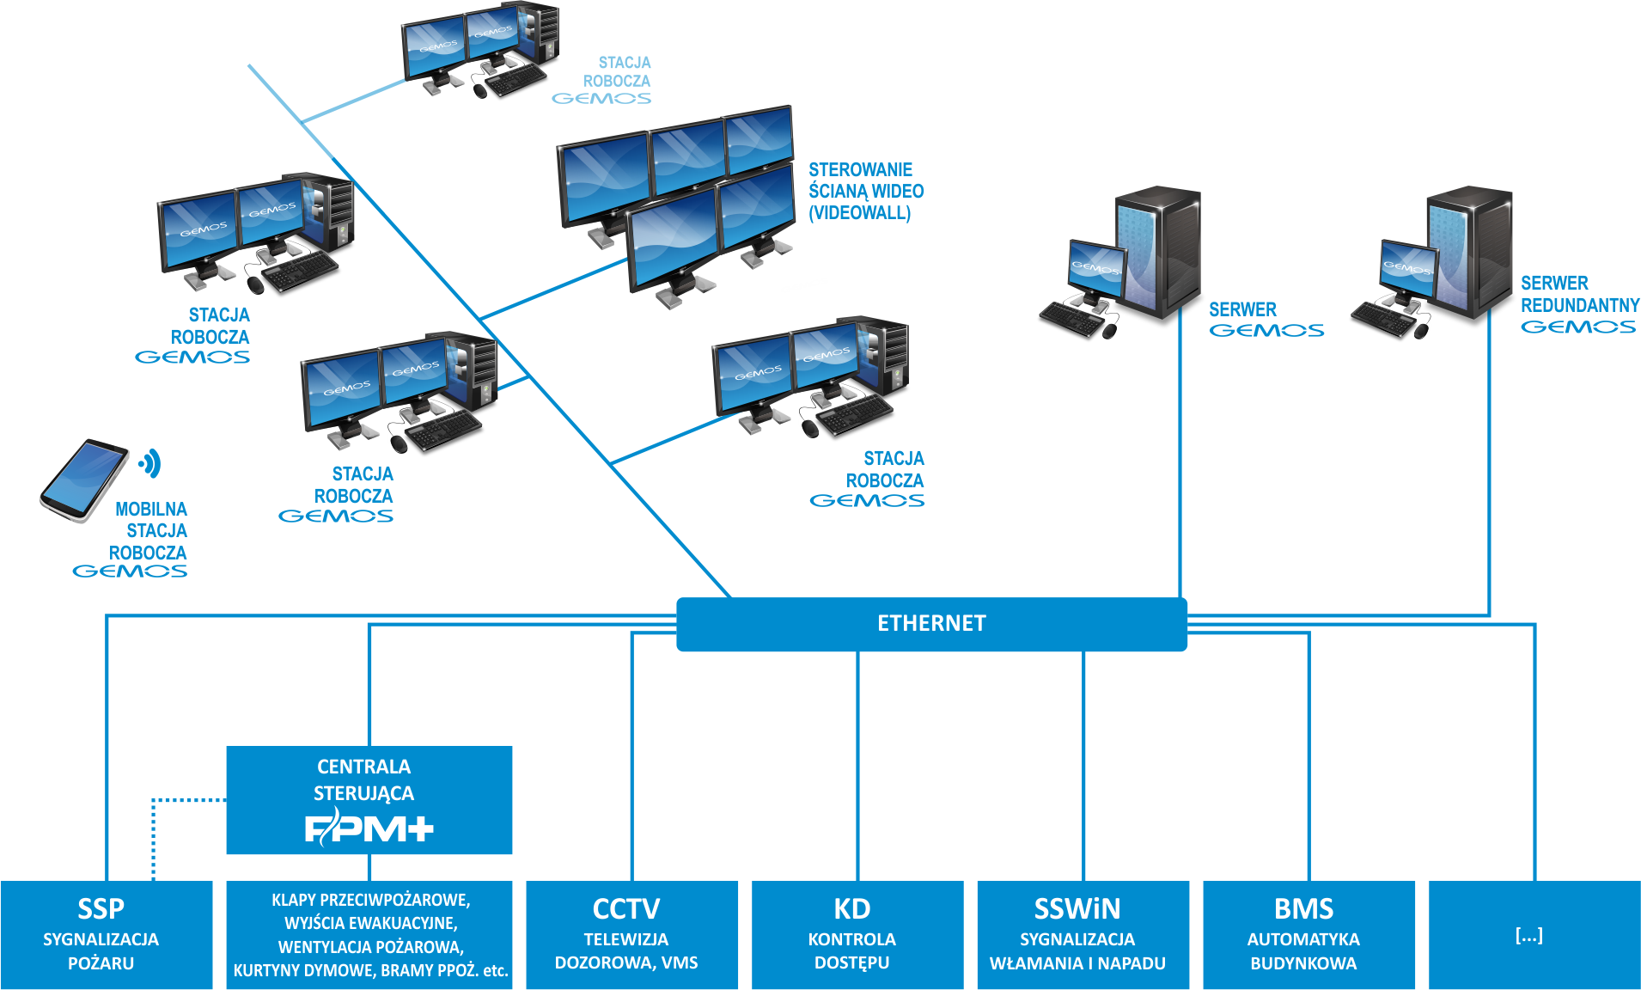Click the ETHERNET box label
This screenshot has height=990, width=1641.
[931, 623]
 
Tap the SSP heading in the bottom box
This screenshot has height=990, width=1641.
[101, 908]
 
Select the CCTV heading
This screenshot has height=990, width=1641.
[626, 908]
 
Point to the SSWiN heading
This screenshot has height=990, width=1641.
[1077, 908]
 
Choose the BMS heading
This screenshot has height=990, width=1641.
[1303, 908]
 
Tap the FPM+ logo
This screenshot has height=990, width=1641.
[369, 828]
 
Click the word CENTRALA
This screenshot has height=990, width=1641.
[363, 767]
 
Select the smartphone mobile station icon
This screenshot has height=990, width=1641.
[83, 480]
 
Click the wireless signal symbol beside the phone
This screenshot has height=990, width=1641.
[151, 463]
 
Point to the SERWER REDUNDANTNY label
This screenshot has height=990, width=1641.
[1579, 294]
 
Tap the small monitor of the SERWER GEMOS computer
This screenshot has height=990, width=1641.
[1096, 269]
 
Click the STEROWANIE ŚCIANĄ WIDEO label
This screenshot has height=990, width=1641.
[864, 191]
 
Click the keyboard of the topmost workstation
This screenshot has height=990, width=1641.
[516, 81]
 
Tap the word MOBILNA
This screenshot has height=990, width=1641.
[151, 509]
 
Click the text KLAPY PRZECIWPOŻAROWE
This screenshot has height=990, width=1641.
[370, 900]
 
